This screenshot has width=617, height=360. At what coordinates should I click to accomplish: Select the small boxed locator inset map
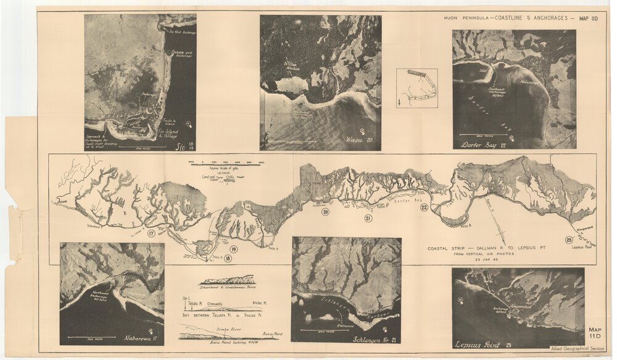[x=416, y=88]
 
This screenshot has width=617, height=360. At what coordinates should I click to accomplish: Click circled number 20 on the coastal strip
[x=325, y=212]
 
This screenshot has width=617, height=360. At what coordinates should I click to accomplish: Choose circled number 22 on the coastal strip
[x=424, y=207]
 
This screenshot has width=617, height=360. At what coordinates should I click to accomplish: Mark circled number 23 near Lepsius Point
[x=568, y=240]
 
